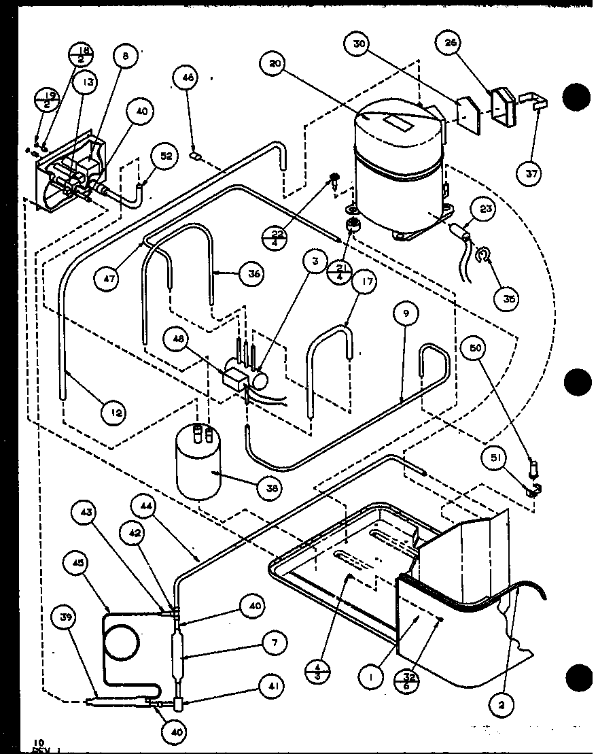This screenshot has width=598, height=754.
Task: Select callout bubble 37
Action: pos(532,174)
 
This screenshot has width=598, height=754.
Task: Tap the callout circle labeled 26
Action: pos(452,44)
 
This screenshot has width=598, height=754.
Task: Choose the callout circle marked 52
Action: pos(166,156)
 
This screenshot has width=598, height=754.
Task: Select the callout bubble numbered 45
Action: pos(74,562)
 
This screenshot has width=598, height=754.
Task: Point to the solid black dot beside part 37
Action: pos(576,98)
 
